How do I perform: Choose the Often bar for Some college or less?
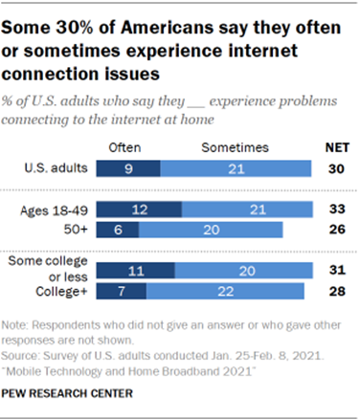pos(138,271)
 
